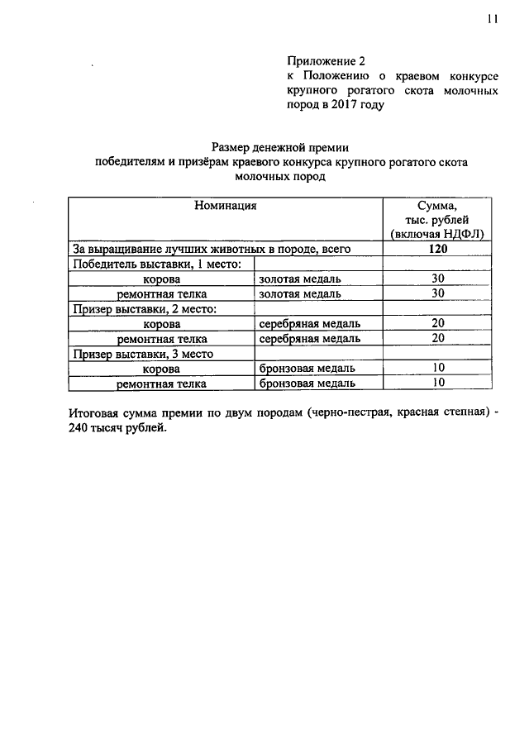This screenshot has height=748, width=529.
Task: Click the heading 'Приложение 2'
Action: [326, 61]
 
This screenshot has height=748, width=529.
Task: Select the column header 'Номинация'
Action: [225, 204]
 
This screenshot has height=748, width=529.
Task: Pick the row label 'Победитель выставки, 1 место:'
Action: [156, 264]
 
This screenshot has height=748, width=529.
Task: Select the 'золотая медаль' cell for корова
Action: [299, 279]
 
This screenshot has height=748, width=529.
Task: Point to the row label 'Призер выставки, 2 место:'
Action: [145, 308]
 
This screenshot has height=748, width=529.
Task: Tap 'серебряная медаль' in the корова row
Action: [309, 323]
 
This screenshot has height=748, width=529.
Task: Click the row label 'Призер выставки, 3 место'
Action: [143, 353]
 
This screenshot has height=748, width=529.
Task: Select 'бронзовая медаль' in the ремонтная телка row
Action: [307, 384]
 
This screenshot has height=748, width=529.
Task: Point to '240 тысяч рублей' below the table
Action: [119, 429]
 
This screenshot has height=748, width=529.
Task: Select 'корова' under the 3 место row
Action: [162, 369]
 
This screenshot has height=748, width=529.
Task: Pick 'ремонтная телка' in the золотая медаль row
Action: [161, 293]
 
